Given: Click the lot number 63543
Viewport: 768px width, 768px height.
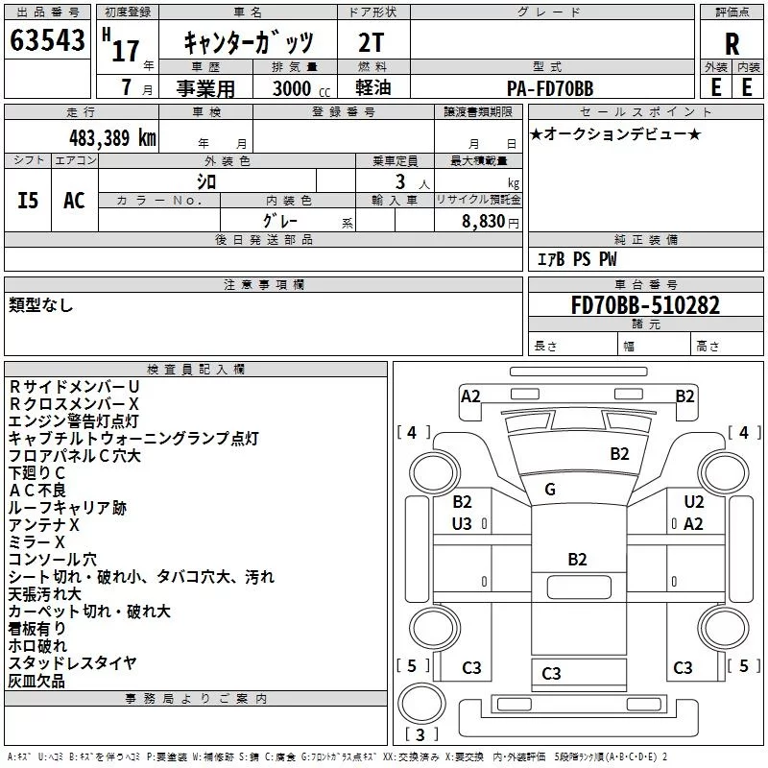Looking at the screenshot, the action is tap(47, 42).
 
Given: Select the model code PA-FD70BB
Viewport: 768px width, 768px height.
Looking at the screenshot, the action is tap(550, 88).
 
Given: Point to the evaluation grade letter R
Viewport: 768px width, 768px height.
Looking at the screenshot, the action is tap(732, 43).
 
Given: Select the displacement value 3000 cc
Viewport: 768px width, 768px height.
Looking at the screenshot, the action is tap(292, 88).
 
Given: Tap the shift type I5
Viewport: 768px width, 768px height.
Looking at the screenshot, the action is tap(28, 201).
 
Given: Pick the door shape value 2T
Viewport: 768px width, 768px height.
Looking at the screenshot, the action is tap(372, 43).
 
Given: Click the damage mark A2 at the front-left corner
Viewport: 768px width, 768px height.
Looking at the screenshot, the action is tap(470, 396).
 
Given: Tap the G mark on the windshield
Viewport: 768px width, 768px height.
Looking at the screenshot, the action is tap(550, 490).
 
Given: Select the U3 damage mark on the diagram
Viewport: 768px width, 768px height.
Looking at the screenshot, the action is tap(462, 523).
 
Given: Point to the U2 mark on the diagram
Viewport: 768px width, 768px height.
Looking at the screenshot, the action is tap(694, 502).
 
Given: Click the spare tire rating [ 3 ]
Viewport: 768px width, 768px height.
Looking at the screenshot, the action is tap(422, 735).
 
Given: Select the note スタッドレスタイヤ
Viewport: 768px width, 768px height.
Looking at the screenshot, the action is tap(73, 663).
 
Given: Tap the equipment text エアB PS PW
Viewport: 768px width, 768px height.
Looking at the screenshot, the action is tap(576, 259).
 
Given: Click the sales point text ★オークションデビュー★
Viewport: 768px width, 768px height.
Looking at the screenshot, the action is tap(615, 133).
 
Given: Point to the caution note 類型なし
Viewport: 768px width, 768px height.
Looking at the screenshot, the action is tap(40, 304).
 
